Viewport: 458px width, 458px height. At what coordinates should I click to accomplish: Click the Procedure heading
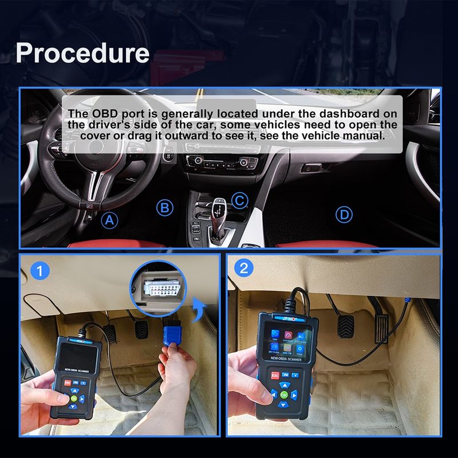pos(82,52)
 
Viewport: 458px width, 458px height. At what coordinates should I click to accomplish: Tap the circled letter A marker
pos(109,219)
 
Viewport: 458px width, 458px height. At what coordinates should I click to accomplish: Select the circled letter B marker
pos(165,208)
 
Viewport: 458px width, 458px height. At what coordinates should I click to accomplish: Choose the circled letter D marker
pos(343,215)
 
